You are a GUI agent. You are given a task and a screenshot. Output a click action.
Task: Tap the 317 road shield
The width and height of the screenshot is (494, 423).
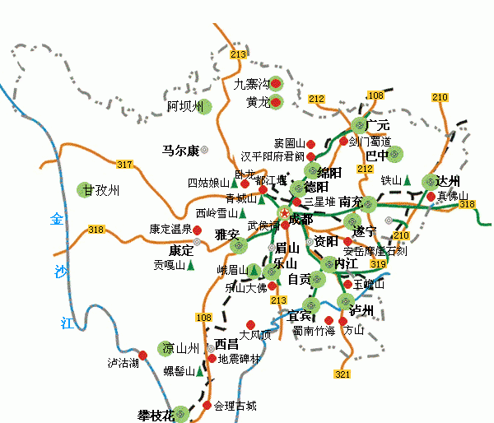[x=124, y=165]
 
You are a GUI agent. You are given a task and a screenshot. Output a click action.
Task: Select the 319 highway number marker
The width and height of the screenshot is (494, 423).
[x=379, y=264]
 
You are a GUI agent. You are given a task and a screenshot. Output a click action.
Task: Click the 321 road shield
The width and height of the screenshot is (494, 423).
[x=343, y=374]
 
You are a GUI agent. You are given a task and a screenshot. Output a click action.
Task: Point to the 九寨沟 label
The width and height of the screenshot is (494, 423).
[x=251, y=84]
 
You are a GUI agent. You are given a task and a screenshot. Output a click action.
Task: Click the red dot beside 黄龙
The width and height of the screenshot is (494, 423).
[x=277, y=103]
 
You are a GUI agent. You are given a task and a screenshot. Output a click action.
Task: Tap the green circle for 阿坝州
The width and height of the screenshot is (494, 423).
[x=203, y=106]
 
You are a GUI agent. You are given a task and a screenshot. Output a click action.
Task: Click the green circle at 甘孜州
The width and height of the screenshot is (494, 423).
[x=86, y=190]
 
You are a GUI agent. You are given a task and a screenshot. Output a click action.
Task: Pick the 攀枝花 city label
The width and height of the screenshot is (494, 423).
[x=156, y=414]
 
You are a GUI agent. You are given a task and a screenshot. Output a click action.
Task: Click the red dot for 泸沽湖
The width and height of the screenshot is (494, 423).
[x=142, y=355]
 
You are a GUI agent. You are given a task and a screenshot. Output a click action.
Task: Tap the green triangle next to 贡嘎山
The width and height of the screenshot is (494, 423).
[x=191, y=266]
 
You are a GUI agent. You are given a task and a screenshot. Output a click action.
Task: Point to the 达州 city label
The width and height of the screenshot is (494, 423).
[x=448, y=182]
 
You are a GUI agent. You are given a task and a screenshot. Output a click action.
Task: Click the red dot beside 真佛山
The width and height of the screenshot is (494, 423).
[x=431, y=196]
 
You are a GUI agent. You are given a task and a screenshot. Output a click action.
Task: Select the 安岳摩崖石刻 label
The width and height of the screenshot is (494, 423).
[x=375, y=252]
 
